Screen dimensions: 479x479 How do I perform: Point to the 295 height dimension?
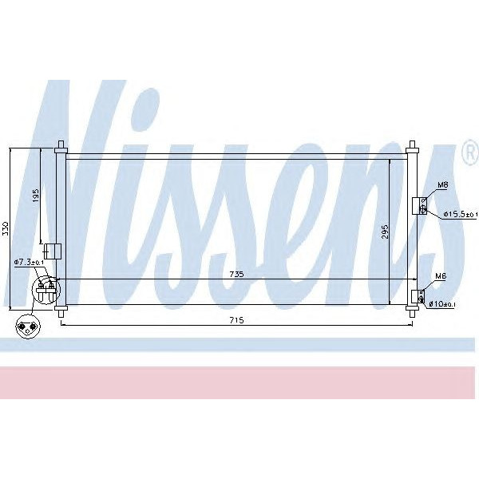(x=384, y=232)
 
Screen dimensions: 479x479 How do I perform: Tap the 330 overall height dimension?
(x=6, y=228)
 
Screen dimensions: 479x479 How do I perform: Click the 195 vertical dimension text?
(x=35, y=196)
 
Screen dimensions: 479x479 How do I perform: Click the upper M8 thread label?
(x=441, y=187)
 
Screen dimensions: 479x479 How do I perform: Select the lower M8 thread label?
(x=438, y=276)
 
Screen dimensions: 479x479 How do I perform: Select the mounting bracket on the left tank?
(x=52, y=251)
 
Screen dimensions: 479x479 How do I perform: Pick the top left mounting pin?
(x=60, y=146)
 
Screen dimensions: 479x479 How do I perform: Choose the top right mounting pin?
(x=411, y=146)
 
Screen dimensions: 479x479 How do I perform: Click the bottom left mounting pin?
(x=60, y=314)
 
